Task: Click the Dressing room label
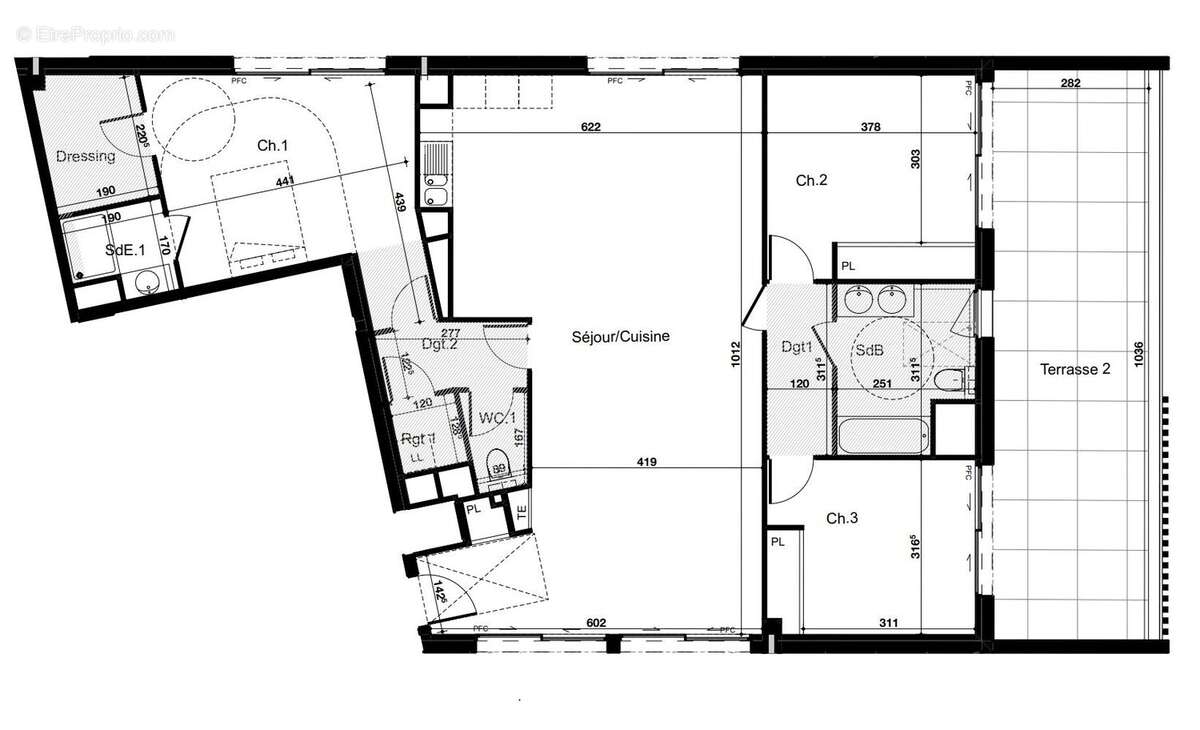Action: coord(85,156)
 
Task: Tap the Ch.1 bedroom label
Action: coord(273,146)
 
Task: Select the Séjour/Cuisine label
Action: coord(621,337)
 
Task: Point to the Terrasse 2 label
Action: coord(1075,369)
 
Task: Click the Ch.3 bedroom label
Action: coord(842,518)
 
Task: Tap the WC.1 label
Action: coord(497,417)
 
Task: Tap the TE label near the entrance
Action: coord(521,511)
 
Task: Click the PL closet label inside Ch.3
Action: coord(777,541)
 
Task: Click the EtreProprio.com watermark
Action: coord(95,34)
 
